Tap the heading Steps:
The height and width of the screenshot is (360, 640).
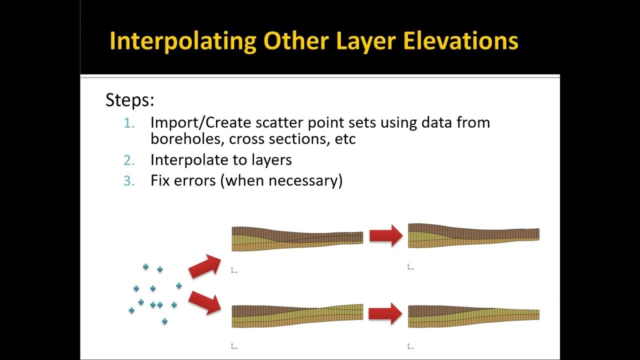[129, 100]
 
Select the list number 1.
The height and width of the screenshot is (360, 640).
[129, 123]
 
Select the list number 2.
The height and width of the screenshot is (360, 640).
[129, 160]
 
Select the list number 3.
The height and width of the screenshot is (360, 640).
[129, 180]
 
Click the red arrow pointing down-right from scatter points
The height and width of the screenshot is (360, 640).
[204, 302]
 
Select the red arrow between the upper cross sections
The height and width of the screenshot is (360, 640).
[385, 235]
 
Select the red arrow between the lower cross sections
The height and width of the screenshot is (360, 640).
[385, 314]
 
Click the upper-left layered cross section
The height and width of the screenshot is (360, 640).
[297, 238]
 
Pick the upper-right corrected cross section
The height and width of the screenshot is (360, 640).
[473, 235]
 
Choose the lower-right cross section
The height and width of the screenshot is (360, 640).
[473, 316]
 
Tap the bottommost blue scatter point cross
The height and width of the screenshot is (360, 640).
[164, 321]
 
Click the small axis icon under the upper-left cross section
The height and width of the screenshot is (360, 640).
[233, 270]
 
